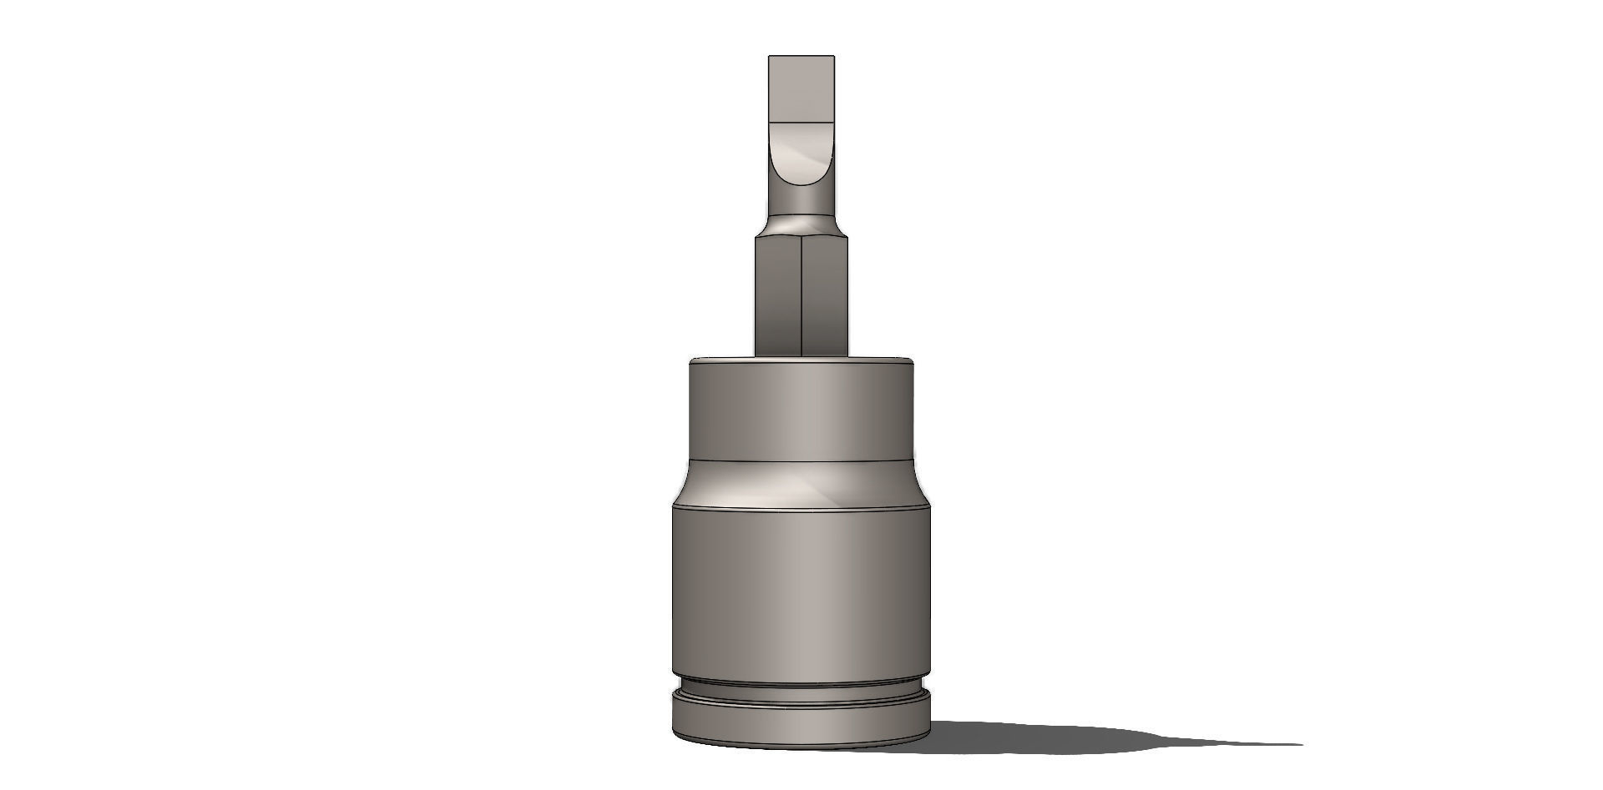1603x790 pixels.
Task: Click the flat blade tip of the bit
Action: click(x=801, y=88)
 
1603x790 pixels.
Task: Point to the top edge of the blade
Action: click(x=801, y=56)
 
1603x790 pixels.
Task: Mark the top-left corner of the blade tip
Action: click(x=770, y=57)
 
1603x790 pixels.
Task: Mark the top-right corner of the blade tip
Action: click(x=833, y=57)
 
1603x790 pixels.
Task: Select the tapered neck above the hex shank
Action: click(x=801, y=224)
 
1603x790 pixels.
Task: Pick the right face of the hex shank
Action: click(x=825, y=296)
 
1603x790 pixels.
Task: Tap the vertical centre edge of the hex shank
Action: click(x=801, y=296)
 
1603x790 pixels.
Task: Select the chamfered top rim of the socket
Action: click(x=801, y=361)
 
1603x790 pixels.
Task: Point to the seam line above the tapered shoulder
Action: click(x=801, y=460)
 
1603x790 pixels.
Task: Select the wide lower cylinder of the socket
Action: click(x=801, y=592)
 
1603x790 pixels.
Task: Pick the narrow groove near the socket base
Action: click(x=801, y=687)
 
